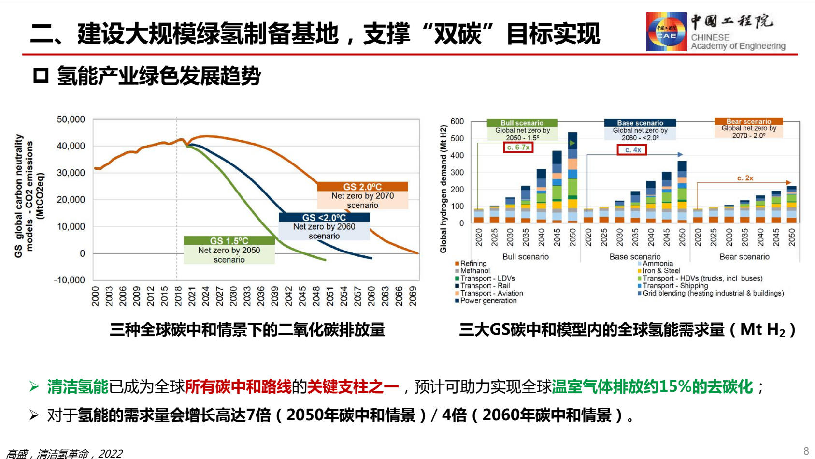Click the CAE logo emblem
666,32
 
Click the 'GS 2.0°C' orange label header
362,187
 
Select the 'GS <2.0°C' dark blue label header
324,218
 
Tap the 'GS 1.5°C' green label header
229,241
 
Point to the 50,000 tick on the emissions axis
71,119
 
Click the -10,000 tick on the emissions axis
70,280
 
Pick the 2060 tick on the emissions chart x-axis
372,296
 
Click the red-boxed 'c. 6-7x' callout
518,148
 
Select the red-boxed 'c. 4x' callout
632,150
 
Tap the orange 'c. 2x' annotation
745,178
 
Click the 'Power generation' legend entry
488,301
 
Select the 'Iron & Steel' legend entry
661,271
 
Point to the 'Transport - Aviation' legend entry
491,293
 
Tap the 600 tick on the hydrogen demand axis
457,121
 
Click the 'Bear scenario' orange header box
748,121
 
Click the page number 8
806,451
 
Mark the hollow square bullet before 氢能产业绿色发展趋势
41,75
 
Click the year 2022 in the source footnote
110,454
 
